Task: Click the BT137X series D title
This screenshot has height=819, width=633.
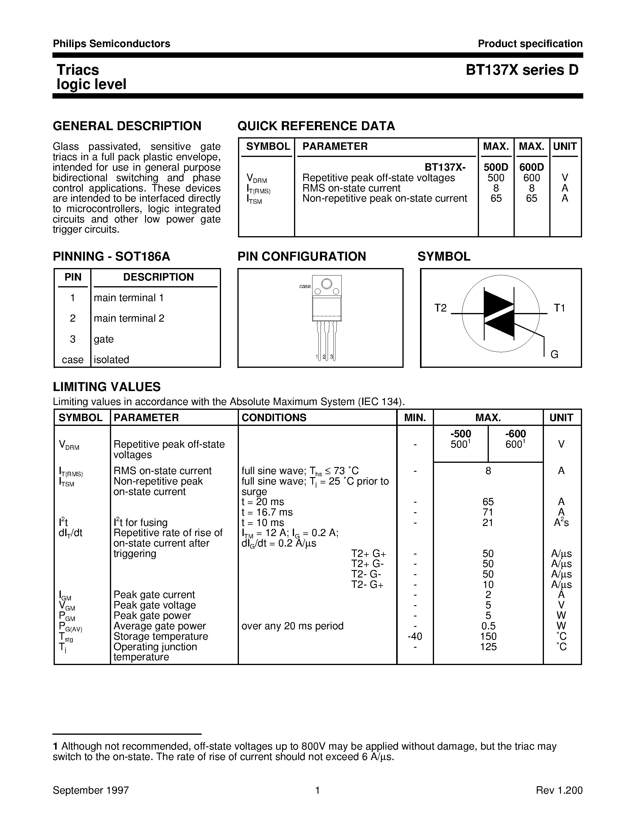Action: (x=522, y=70)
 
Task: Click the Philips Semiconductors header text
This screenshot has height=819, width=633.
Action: (x=111, y=44)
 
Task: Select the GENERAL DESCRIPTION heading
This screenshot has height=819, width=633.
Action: (x=127, y=126)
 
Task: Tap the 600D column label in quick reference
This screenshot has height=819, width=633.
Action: (x=531, y=167)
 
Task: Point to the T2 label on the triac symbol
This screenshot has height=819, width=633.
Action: (x=441, y=308)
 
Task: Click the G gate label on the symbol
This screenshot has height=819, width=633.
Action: (x=555, y=354)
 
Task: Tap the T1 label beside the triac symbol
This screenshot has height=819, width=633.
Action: (x=559, y=308)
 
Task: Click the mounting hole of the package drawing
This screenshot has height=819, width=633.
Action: (x=326, y=284)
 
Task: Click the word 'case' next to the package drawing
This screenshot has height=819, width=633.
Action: (x=305, y=287)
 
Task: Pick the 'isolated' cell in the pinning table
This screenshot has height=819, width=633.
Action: (x=111, y=360)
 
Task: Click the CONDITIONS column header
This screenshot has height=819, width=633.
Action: (x=274, y=418)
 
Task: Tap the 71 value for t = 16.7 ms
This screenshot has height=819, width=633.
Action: (x=488, y=512)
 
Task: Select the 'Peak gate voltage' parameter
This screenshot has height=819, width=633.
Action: (x=155, y=605)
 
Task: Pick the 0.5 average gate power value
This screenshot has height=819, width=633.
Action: (x=488, y=626)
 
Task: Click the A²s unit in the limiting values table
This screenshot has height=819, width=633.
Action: (x=561, y=522)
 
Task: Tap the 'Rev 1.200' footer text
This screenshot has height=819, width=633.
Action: (x=559, y=790)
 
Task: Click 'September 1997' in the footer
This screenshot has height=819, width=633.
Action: (x=91, y=790)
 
